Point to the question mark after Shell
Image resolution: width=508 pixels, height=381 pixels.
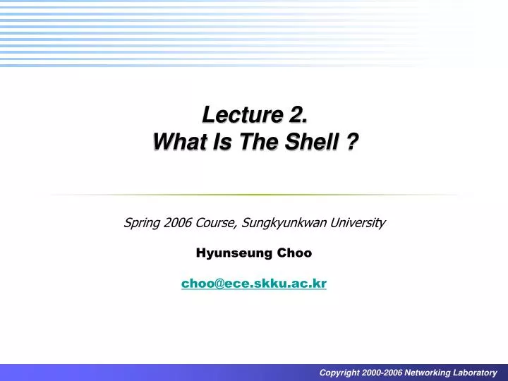[x=349, y=142]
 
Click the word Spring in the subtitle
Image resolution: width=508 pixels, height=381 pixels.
[x=140, y=224]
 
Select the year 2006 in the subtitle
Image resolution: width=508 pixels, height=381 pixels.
[x=176, y=223]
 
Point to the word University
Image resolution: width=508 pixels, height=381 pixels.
[x=360, y=224]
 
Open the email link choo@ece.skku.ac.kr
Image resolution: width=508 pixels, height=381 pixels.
[x=254, y=283]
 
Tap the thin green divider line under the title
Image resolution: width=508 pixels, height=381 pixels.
[x=254, y=195]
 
